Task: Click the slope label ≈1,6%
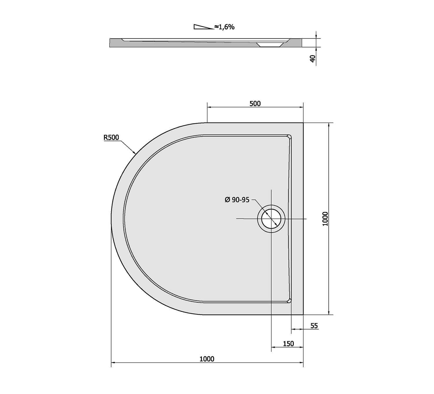tap(224, 27)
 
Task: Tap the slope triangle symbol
tap(203, 27)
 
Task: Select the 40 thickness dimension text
tap(313, 59)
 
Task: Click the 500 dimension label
tap(255, 104)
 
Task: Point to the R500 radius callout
tap(111, 137)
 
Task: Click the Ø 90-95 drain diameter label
tap(237, 200)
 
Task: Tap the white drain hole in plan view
tap(271, 219)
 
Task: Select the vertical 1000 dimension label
tap(325, 219)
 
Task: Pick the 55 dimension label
tap(314, 326)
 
